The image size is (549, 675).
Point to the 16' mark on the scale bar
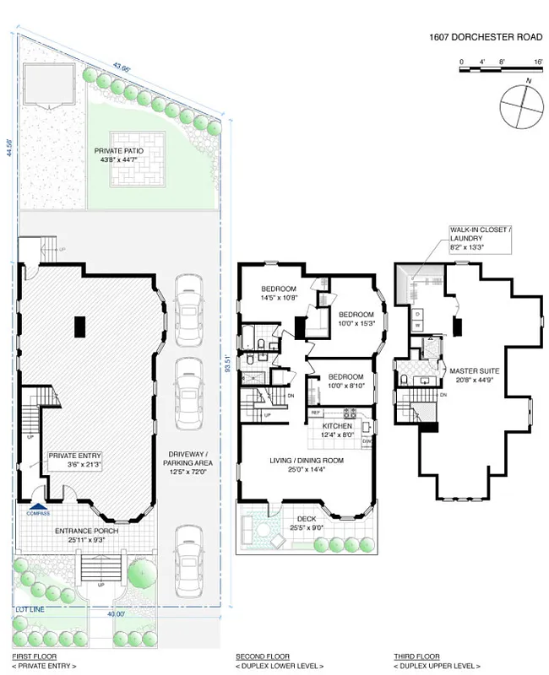[x=538, y=62]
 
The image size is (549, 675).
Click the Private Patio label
[x=118, y=155]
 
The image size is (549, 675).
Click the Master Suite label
[x=472, y=375]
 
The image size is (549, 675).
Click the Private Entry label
[x=74, y=460]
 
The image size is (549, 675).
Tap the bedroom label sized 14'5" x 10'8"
[x=278, y=293]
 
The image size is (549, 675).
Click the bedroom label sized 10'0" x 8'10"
[x=345, y=381]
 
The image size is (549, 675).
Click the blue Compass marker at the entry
[x=39, y=510]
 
